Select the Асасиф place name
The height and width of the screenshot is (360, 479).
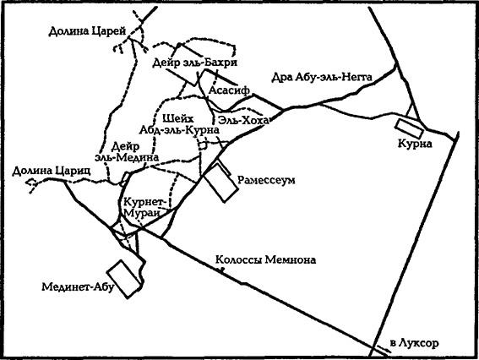tap(226, 86)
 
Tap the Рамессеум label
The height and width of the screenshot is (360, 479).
tap(268, 180)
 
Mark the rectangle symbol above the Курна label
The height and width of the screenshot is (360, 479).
tap(412, 127)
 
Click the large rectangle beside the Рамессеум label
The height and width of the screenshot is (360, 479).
tap(219, 183)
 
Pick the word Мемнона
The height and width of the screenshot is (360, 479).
tap(291, 260)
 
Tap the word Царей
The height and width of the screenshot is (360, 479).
tap(109, 31)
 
